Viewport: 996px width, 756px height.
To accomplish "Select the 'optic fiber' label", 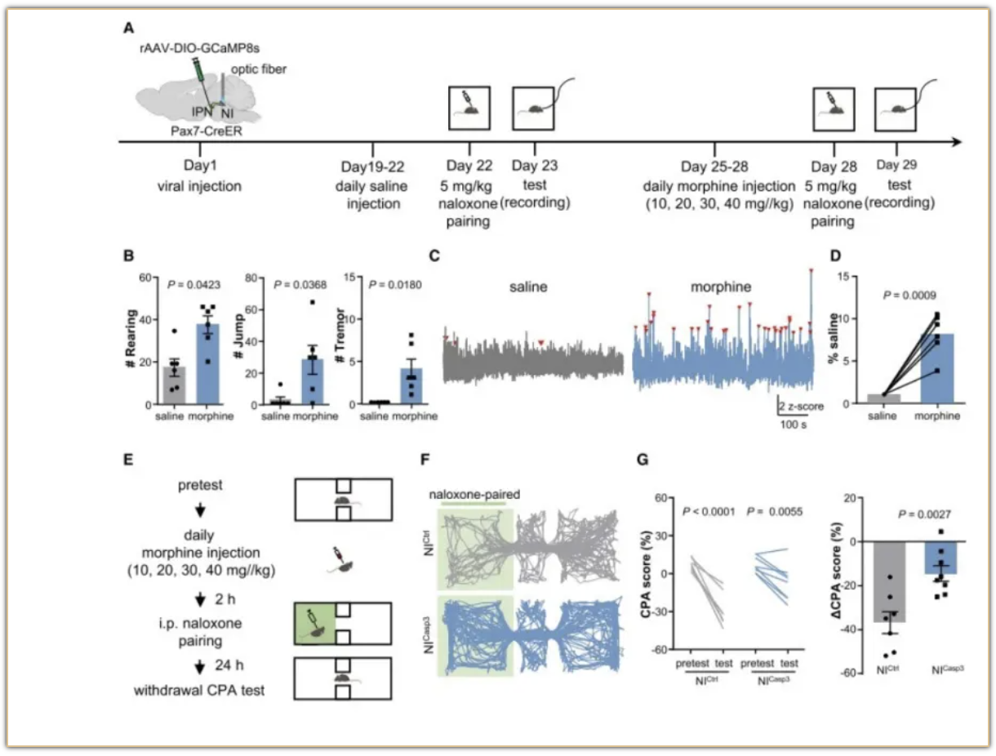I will pos(256,69).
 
